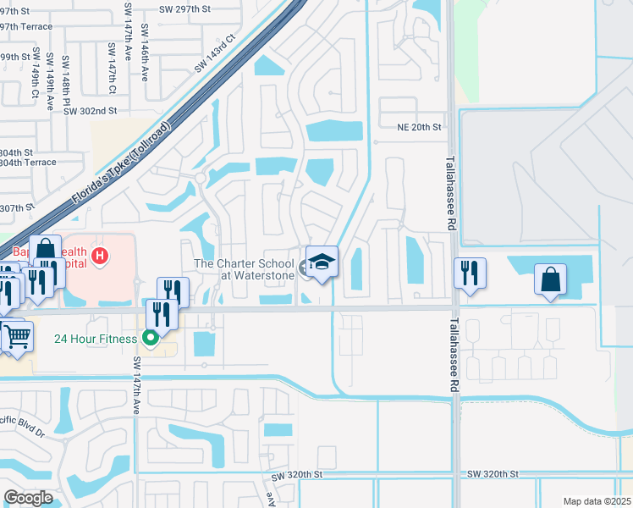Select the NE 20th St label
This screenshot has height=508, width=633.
pyautogui.click(x=420, y=127)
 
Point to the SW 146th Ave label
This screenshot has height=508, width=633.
pyautogui.click(x=145, y=52)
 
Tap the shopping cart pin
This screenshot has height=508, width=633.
pyautogui.click(x=17, y=337)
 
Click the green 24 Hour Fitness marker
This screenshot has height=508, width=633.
pyautogui.click(x=151, y=339)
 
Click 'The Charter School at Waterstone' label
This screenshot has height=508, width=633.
pyautogui.click(x=245, y=269)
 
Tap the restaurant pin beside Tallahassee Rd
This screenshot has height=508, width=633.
pyautogui.click(x=469, y=273)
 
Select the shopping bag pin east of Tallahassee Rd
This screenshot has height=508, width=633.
pyautogui.click(x=550, y=279)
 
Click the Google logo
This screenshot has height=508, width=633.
pyautogui.click(x=29, y=498)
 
